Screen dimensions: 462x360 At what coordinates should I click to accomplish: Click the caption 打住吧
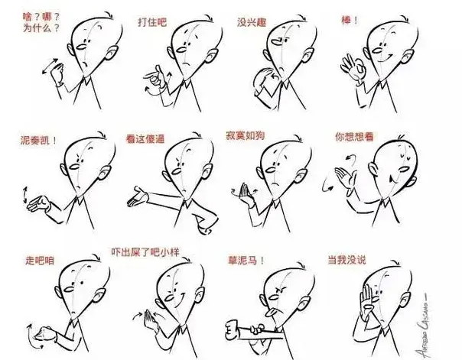coord(152,22)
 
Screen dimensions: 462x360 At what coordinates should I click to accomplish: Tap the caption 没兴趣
coord(252,22)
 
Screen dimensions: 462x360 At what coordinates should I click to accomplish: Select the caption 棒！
coord(350,21)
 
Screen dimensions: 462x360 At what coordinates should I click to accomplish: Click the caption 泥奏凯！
coord(38,140)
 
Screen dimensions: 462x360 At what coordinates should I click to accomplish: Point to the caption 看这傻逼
coord(145,138)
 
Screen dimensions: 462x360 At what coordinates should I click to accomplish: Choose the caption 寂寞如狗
coord(245,135)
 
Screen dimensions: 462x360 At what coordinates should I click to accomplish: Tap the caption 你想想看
coord(354,137)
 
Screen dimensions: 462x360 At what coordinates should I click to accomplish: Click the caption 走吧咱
coord(40,261)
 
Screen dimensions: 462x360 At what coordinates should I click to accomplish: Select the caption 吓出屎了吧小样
coord(145,252)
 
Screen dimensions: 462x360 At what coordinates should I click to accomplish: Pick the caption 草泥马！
coord(246,261)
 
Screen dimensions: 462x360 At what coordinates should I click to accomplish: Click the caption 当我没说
coord(346,260)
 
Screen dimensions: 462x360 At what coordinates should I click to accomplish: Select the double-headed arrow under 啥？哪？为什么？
coord(50,66)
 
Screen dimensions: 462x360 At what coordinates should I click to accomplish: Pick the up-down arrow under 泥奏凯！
coord(24,195)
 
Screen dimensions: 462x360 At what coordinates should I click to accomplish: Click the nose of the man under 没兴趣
coord(277,42)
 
